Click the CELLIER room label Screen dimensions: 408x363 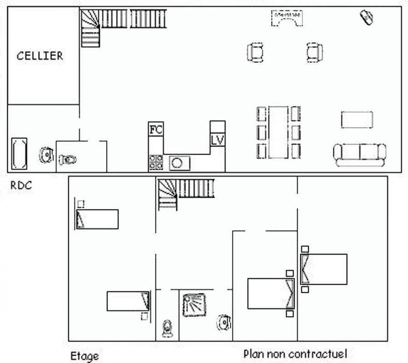tap(40, 56)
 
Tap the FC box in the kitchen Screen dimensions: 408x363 tap(156, 129)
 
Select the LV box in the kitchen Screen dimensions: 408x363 tap(217, 140)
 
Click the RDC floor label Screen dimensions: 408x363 tap(21, 185)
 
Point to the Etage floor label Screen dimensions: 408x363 tap(85, 356)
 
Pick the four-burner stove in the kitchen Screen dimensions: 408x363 tap(156, 162)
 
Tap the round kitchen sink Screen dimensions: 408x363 tap(180, 163)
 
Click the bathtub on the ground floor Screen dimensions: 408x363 tap(19, 153)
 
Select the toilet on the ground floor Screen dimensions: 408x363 tap(67, 160)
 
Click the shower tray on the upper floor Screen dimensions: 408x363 tap(194, 305)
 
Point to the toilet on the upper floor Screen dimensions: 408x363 tap(167, 329)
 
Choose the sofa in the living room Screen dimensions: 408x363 tap(360, 155)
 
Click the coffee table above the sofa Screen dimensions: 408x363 tap(357, 120)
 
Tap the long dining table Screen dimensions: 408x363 tap(278, 132)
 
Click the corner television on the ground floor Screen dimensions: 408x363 tap(367, 17)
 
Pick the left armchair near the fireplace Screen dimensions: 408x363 tap(255, 53)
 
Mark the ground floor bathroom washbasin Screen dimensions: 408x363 tap(46, 155)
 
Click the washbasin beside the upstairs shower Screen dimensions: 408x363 tap(224, 323)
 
